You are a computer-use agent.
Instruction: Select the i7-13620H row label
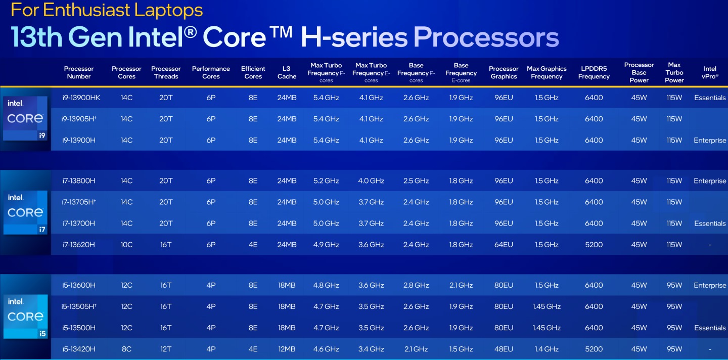pos(79,245)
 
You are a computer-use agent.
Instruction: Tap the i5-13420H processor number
pos(79,349)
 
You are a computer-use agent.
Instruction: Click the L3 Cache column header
pos(287,72)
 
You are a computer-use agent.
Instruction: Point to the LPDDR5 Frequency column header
pos(594,72)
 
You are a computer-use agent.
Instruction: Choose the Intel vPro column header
pos(710,72)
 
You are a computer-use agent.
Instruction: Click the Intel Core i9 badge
pos(25,118)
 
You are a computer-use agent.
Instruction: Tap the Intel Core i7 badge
pos(25,212)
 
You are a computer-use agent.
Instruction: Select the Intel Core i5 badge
pos(25,317)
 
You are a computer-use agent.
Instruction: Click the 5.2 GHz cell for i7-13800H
pos(326,181)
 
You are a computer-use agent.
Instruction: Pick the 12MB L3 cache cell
pos(287,349)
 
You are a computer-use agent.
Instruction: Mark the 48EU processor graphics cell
pos(504,349)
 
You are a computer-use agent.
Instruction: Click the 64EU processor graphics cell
pos(504,245)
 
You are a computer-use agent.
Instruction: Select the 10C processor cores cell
pos(126,245)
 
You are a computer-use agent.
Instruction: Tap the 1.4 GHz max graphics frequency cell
pos(547,349)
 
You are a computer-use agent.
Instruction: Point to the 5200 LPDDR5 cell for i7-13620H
pos(594,245)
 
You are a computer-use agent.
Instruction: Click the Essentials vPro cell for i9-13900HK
pos(710,98)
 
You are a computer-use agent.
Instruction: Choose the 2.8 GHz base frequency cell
pos(416,285)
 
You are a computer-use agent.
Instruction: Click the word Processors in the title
pos(486,37)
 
